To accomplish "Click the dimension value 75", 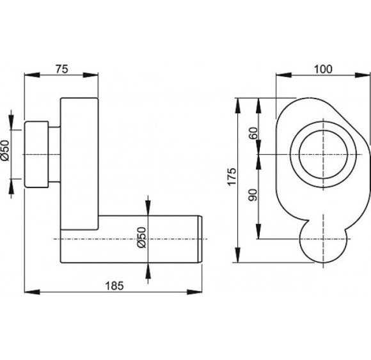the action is pyautogui.click(x=62, y=69).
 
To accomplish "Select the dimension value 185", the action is pyautogui.click(x=114, y=286).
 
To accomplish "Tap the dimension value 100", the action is pyautogui.click(x=323, y=69).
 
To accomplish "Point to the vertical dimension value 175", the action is pyautogui.click(x=232, y=176).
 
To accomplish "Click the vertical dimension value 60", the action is pyautogui.click(x=253, y=133).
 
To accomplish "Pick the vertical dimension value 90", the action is pyautogui.click(x=253, y=195).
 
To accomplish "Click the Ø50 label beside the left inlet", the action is pyautogui.click(x=5, y=150).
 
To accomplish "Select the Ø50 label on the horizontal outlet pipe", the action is pyautogui.click(x=142, y=237).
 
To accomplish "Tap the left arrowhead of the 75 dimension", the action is pyautogui.click(x=32, y=75).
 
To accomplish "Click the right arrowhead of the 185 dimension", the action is pyautogui.click(x=194, y=292).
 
